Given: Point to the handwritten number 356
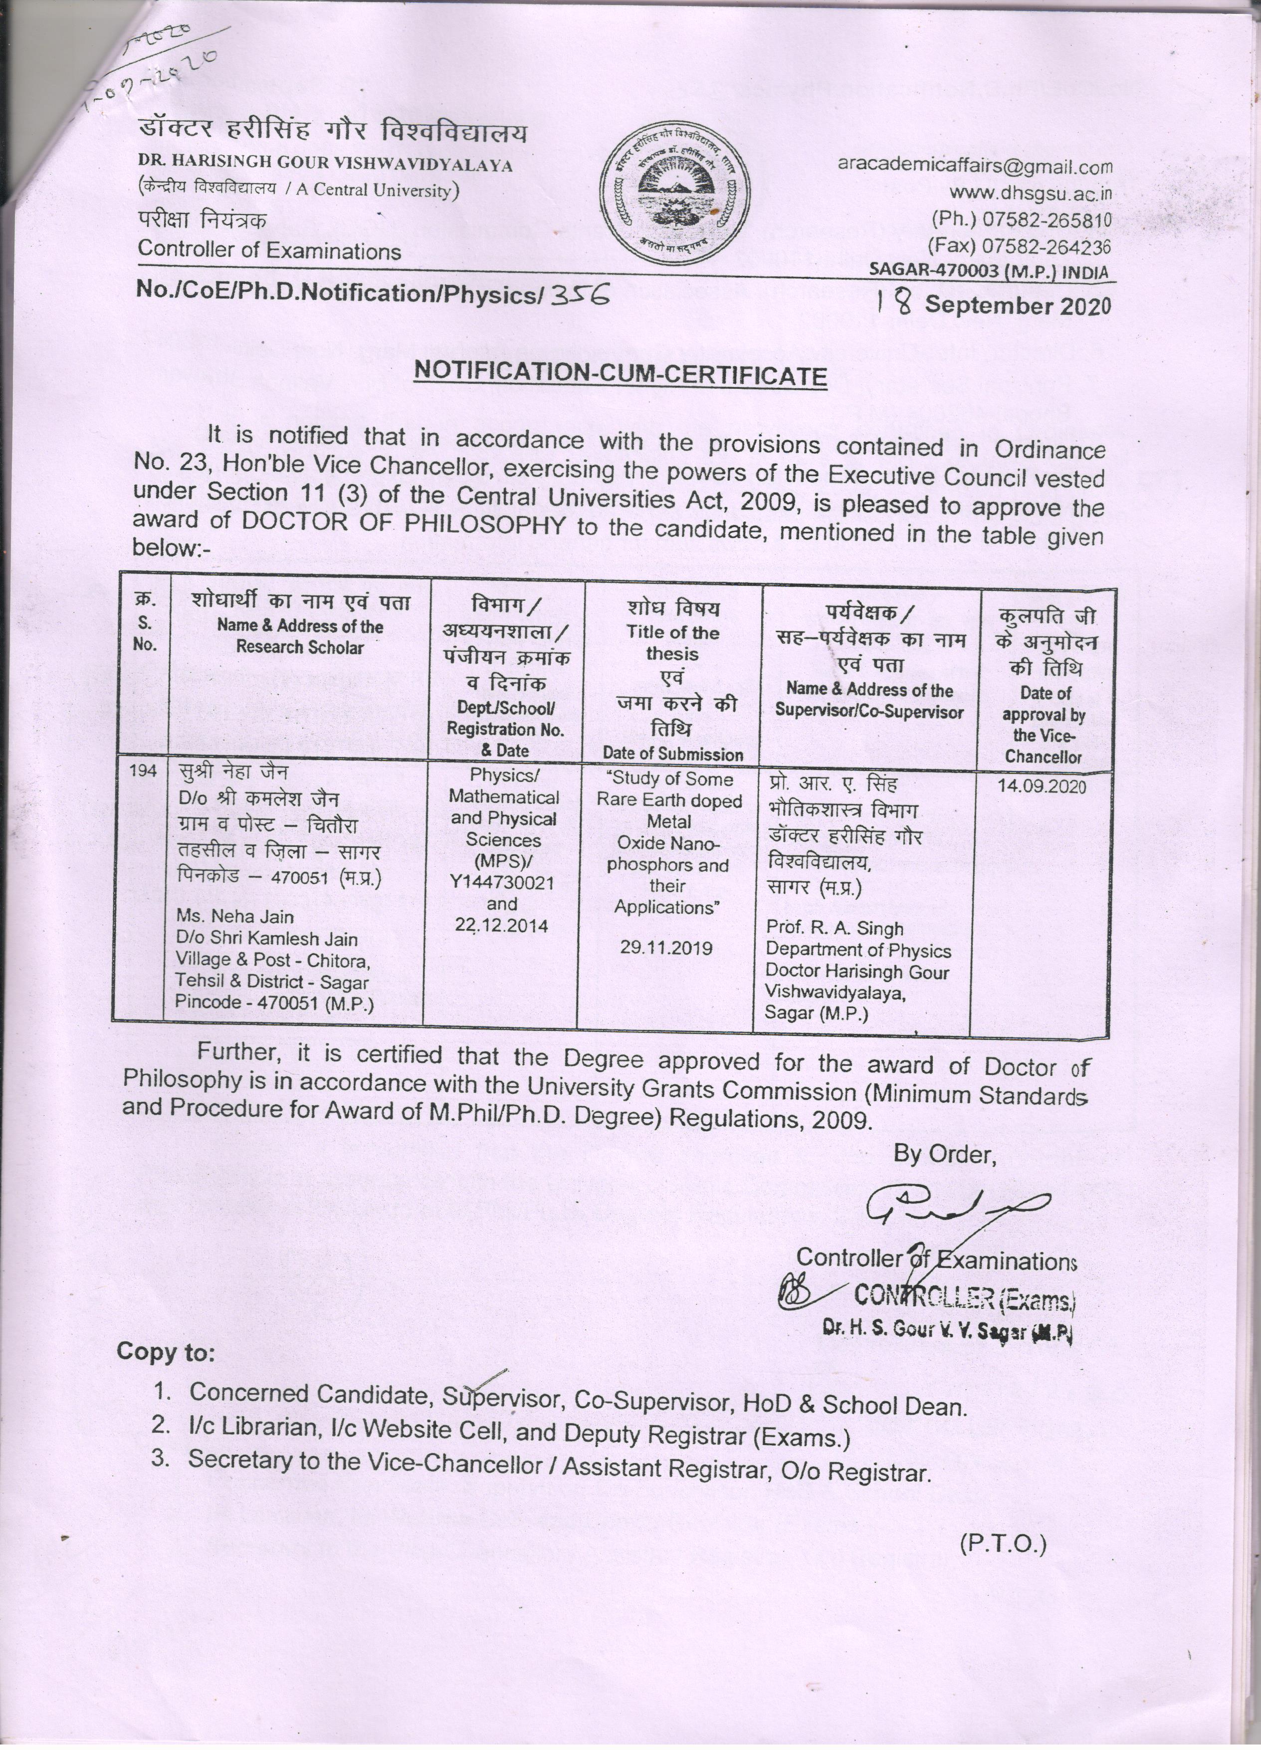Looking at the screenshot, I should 578,293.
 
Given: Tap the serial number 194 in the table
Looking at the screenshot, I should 144,771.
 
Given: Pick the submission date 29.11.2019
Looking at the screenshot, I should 666,948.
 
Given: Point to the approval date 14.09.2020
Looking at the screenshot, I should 1042,786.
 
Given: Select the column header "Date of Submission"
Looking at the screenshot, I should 672,754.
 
